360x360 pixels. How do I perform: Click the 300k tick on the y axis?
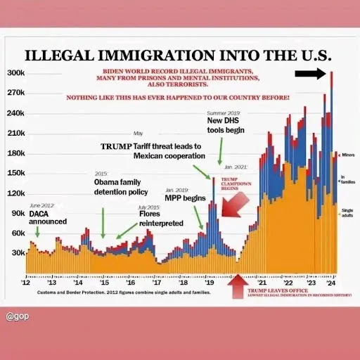click(15, 73)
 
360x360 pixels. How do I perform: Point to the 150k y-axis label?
click(15, 173)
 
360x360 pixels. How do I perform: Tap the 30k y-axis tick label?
click(17, 252)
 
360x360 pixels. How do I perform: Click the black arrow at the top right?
click(309, 73)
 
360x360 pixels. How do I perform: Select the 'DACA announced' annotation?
click(48, 217)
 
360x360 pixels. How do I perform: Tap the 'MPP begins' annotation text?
click(185, 198)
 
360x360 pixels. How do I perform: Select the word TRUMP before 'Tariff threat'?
click(116, 146)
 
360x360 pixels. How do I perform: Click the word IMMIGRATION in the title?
click(167, 56)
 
